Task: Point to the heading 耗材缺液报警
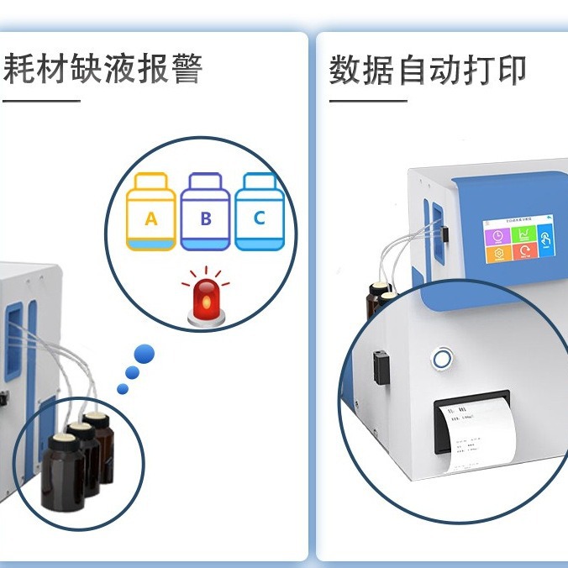coord(103,69)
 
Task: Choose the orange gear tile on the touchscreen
coord(498,254)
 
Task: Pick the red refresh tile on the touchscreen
coord(525,251)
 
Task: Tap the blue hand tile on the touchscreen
coord(546,239)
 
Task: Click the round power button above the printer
coord(440,360)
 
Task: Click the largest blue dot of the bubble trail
coord(145,354)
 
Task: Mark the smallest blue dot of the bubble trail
coord(123,389)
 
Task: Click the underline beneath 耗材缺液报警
coord(41,101)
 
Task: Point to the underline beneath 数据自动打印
coord(367,101)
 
